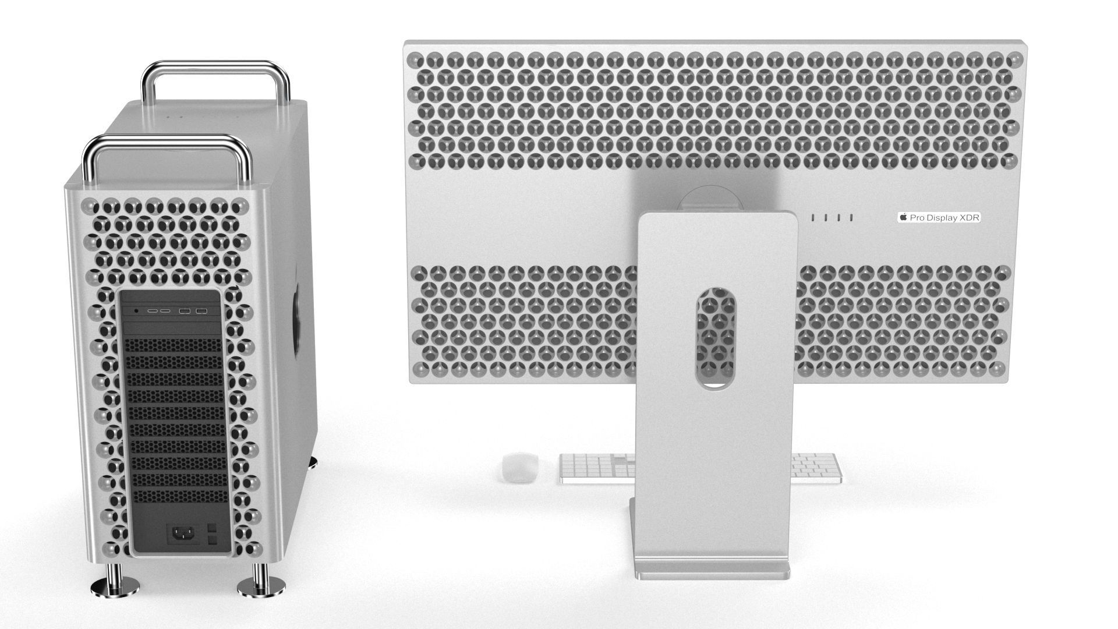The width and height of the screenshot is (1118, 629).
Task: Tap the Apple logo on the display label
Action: tap(904, 217)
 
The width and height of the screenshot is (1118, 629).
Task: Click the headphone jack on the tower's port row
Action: tap(136, 311)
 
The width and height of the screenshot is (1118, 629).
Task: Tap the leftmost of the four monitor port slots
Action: tap(813, 218)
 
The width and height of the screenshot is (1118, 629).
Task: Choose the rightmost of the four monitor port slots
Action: tap(851, 218)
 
